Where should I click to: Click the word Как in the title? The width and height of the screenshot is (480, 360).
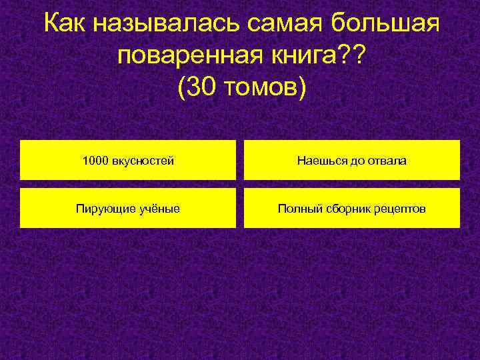pyautogui.click(x=65, y=25)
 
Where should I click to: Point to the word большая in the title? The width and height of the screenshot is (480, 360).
pyautogui.click(x=387, y=25)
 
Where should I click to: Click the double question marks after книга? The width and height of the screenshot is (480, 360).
pyautogui.click(x=351, y=57)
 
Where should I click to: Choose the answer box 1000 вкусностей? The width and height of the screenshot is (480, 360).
pyautogui.click(x=128, y=160)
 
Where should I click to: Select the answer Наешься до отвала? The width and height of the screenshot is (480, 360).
pyautogui.click(x=352, y=160)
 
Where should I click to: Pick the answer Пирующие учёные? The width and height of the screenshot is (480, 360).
pyautogui.click(x=128, y=209)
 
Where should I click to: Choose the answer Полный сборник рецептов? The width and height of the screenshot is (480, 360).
pyautogui.click(x=352, y=209)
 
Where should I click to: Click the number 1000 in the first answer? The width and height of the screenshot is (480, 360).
pyautogui.click(x=95, y=161)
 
